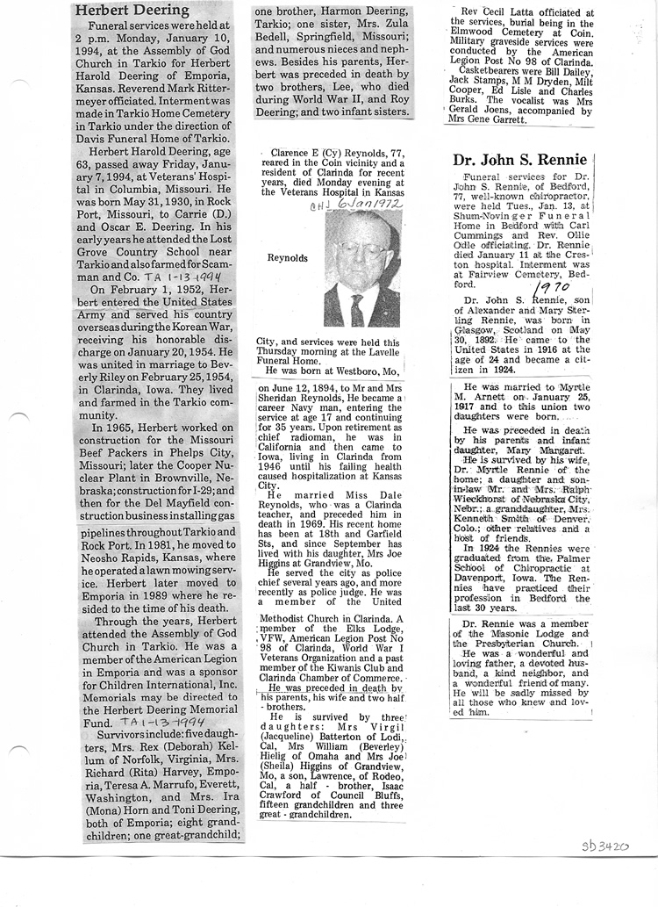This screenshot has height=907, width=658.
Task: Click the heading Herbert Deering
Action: coord(132,11)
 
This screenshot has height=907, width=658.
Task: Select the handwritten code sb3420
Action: coord(606,847)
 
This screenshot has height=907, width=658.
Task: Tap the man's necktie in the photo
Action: coord(357,308)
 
